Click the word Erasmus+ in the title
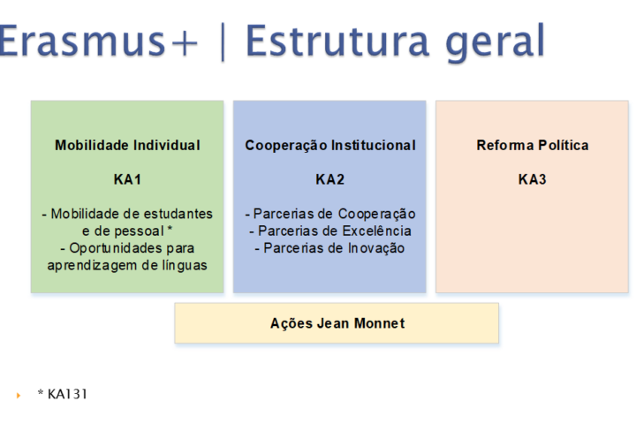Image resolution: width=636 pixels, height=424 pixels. coord(98,40)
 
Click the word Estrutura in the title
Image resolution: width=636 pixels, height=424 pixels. coord(337,40)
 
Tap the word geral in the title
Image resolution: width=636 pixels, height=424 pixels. coord(495,42)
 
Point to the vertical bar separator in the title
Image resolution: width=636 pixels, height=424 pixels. coord(223,42)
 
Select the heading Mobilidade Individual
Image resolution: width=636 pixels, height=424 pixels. coord(127,145)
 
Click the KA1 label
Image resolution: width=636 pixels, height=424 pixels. coord(127,179)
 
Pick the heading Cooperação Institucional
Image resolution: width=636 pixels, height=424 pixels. coord(330,145)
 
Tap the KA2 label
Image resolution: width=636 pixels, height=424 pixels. coord(330,179)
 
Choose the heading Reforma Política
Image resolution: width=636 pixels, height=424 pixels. coord(532,145)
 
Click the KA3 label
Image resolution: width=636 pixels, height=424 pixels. coord(532,179)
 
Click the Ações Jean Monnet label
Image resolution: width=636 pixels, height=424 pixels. coord(337,323)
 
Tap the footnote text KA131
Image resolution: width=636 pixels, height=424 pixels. coord(67,394)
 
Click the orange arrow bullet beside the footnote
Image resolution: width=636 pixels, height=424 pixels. coord(19,395)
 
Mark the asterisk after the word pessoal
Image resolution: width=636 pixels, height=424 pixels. coord(170,229)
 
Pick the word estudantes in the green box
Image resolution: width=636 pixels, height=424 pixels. coord(178,214)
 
